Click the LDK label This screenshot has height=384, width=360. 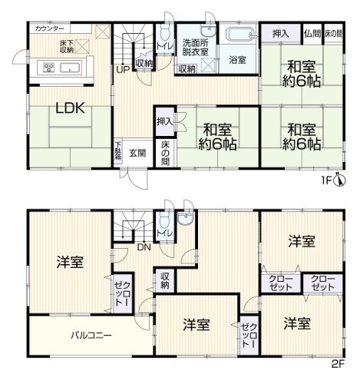point(71,108)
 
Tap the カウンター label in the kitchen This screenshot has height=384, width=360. point(49,28)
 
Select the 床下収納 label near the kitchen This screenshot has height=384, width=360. point(67,47)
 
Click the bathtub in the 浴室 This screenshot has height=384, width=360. point(239,35)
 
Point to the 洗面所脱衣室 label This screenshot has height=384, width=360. point(196,48)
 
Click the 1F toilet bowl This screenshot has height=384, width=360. point(164,32)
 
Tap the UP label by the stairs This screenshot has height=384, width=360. point(123,69)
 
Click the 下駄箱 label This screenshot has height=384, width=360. point(117,151)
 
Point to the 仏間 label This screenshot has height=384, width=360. point(312,34)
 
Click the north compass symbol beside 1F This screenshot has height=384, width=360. point(340,179)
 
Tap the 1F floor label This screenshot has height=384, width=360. point(326,180)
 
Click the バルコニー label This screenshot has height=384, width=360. point(91,336)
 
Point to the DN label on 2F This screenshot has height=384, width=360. point(144,247)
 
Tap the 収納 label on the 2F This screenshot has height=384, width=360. point(165,280)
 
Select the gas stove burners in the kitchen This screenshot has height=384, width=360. point(49,68)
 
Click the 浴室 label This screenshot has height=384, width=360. point(237,60)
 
